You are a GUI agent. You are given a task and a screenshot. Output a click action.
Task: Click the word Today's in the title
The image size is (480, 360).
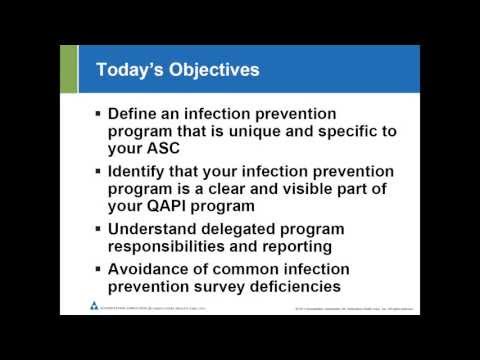[128, 70]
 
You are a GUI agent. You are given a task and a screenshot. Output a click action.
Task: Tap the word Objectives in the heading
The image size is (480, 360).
[212, 70]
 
